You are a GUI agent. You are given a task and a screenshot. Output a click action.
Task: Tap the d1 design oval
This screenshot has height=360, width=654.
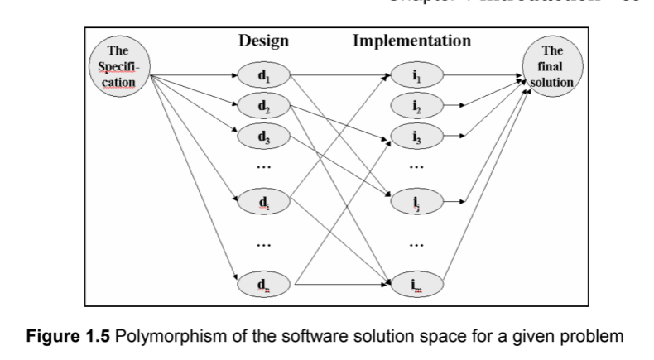click(x=263, y=77)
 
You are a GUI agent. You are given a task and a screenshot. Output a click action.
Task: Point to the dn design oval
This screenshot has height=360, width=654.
click(x=263, y=284)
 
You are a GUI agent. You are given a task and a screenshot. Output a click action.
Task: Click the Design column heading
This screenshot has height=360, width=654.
click(x=263, y=41)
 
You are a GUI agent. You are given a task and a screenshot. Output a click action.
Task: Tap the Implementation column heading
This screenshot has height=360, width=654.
click(x=411, y=41)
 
